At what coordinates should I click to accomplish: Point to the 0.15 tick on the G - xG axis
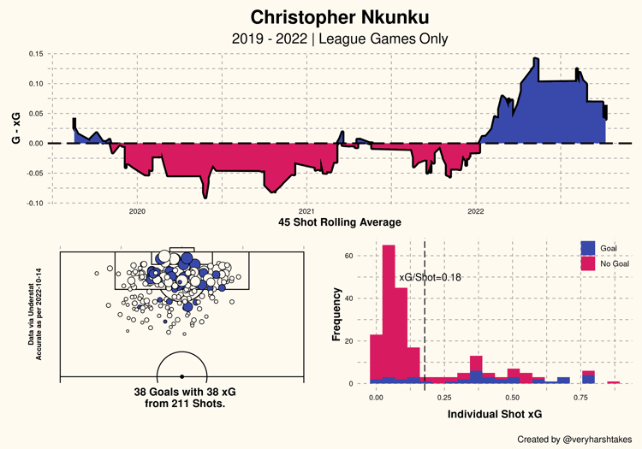tap(36, 53)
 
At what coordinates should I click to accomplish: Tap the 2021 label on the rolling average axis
tap(306, 210)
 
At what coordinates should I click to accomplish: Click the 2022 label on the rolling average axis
tap(476, 210)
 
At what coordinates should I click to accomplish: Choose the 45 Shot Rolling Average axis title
tap(340, 223)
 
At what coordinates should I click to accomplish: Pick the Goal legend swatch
tap(588, 247)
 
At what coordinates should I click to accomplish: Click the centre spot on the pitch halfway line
tap(181, 376)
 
